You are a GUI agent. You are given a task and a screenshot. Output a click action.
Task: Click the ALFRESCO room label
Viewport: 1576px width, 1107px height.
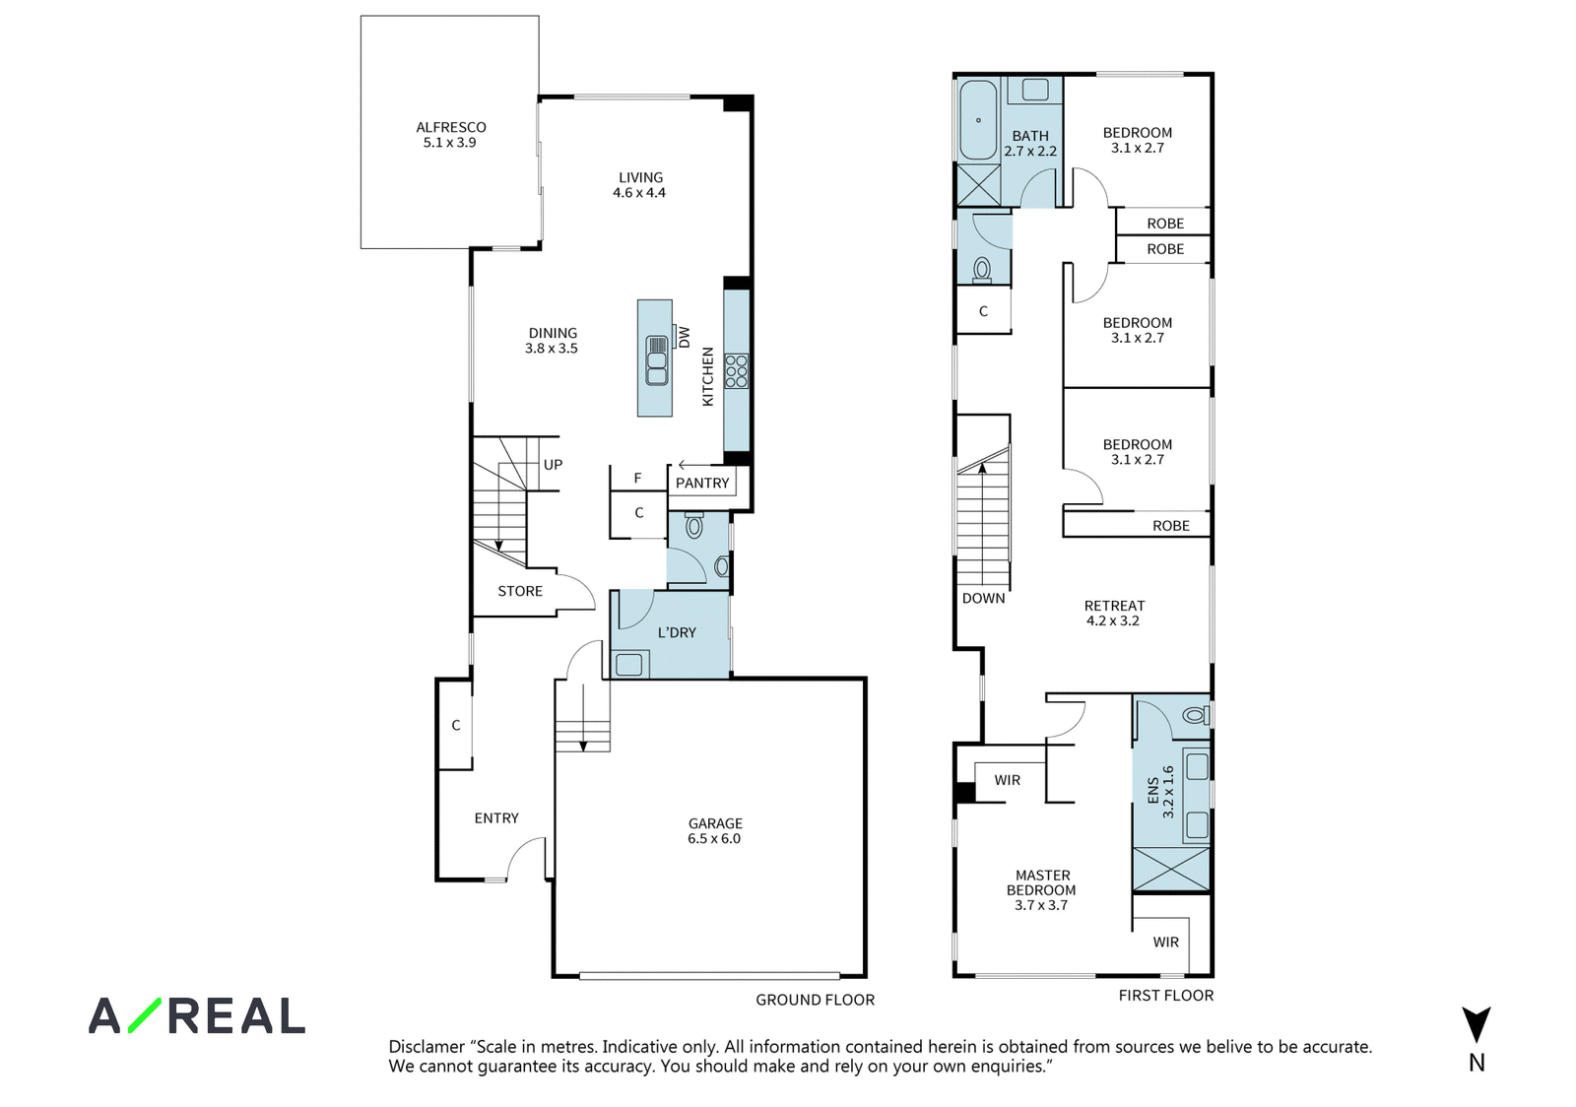tap(451, 127)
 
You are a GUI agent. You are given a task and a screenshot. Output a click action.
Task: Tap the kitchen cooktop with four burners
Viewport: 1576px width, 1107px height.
tap(737, 371)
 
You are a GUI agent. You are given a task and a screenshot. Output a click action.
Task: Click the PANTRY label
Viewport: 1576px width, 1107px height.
tap(702, 484)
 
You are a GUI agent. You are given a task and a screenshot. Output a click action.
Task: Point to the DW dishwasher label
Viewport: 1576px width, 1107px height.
tap(684, 338)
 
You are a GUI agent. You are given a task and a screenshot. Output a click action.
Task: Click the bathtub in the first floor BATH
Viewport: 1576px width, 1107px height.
tap(978, 120)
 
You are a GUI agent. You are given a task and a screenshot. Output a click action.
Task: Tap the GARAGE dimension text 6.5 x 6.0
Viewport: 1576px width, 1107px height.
tap(714, 838)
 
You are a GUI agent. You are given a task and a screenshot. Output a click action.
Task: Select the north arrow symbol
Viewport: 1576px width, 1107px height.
tap(1477, 1024)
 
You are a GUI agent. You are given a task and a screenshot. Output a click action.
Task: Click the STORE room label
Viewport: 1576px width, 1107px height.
tap(520, 592)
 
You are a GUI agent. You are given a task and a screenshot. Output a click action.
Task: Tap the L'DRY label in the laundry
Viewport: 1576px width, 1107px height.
tap(677, 633)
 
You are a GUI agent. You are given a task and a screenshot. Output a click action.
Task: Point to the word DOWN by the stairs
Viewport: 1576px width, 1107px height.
tap(984, 599)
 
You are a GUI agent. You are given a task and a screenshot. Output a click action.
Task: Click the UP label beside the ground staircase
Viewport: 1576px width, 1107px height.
tap(553, 465)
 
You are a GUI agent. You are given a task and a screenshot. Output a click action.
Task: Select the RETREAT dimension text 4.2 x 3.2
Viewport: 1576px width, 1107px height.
tap(1113, 621)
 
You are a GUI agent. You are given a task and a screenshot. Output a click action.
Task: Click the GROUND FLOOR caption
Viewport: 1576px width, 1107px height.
tap(816, 1000)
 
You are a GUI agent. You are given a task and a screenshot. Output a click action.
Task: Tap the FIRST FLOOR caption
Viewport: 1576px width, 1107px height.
tap(1166, 995)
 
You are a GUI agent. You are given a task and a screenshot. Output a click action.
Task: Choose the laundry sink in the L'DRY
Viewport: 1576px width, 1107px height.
tap(629, 665)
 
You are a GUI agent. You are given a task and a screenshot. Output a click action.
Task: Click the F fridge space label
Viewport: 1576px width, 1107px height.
tap(637, 479)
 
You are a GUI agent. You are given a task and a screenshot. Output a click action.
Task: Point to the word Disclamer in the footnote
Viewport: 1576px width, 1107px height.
tap(427, 1047)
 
